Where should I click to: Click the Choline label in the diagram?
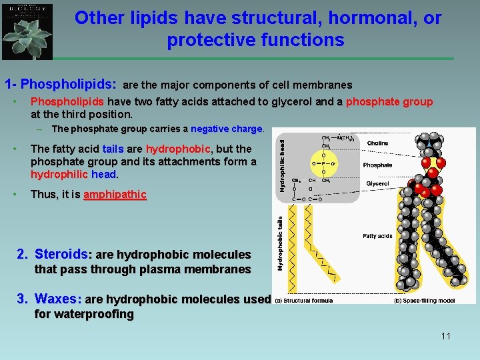tap(377, 143)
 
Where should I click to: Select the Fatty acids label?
tap(377, 235)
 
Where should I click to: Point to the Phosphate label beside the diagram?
tap(377, 165)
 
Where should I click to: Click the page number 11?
tap(445, 336)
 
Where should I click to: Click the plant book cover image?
tap(27, 31)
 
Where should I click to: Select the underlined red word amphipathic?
tap(114, 195)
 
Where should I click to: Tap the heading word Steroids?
tap(61, 254)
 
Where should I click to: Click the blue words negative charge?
tap(227, 129)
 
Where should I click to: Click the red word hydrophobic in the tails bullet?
tap(178, 149)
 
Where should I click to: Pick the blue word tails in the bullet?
tap(113, 149)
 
